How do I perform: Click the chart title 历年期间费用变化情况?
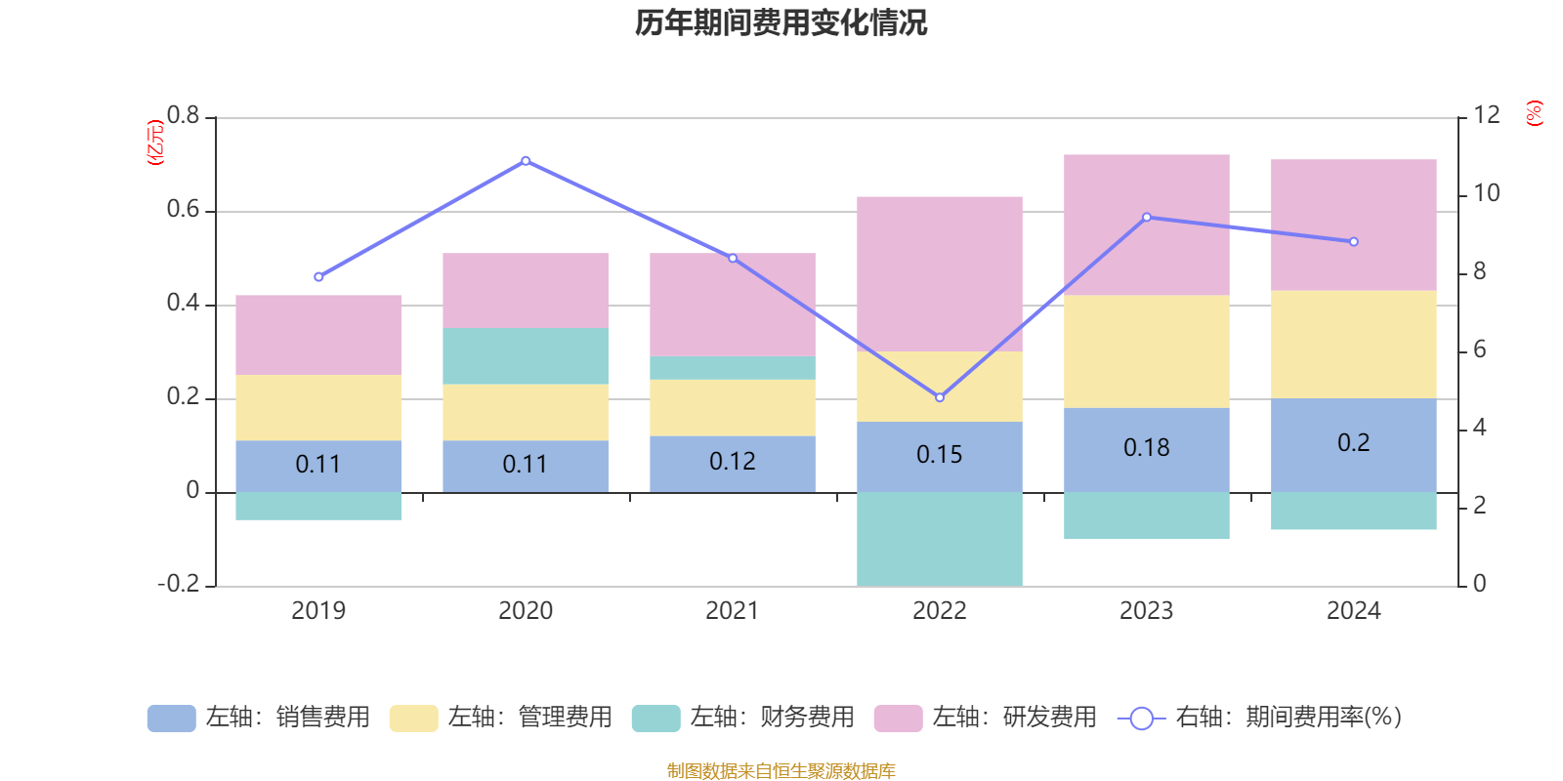click(781, 22)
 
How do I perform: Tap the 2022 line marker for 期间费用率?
click(940, 397)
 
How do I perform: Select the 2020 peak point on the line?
click(526, 160)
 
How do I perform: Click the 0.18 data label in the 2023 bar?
click(1146, 448)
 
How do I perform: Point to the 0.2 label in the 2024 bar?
click(1353, 443)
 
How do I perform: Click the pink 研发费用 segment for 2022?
click(940, 273)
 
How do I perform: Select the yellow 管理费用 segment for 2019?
click(318, 407)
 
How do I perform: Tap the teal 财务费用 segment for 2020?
click(526, 355)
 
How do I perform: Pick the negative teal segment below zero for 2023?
click(1146, 515)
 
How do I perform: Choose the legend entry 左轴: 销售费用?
click(259, 718)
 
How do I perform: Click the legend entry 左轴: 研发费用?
click(986, 718)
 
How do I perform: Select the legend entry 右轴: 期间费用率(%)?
click(1260, 718)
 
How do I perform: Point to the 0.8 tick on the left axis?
click(183, 116)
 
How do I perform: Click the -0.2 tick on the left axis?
click(178, 584)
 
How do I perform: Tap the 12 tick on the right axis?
click(1487, 115)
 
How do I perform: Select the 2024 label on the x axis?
click(1353, 611)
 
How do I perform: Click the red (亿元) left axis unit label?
click(154, 143)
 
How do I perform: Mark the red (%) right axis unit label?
click(1535, 113)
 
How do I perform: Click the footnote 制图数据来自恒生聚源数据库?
click(781, 771)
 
